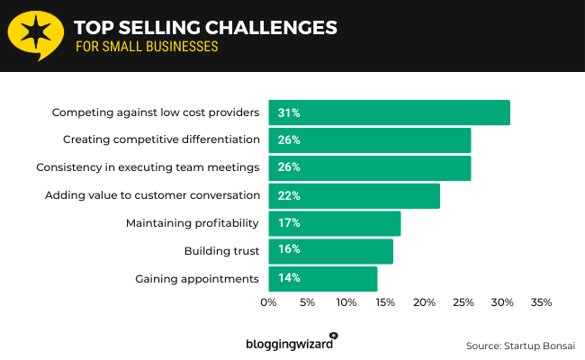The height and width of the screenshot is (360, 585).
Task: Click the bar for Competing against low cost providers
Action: (x=389, y=112)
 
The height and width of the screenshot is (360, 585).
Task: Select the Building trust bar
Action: (x=330, y=250)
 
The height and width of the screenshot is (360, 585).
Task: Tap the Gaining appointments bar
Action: (x=322, y=278)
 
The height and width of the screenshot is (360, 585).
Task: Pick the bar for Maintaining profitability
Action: (x=334, y=223)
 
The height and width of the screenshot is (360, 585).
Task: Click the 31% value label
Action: (x=289, y=112)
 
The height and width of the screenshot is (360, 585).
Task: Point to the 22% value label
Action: (x=289, y=195)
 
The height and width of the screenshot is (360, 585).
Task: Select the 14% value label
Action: (x=289, y=278)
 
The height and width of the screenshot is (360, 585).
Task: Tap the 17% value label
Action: (x=289, y=223)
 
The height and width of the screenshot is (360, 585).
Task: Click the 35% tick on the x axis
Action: (x=541, y=302)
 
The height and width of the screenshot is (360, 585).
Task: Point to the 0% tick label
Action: (x=268, y=302)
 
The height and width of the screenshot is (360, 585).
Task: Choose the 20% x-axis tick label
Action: (x=424, y=302)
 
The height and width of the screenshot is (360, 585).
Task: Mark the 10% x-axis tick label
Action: (x=346, y=302)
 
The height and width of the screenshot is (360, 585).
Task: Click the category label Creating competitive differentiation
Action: (x=162, y=140)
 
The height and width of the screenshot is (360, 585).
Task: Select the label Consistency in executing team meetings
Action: (x=148, y=167)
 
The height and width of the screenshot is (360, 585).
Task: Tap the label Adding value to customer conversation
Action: (x=153, y=195)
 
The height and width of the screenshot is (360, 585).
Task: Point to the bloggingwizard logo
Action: (x=291, y=343)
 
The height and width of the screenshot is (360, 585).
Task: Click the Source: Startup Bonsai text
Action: (x=520, y=346)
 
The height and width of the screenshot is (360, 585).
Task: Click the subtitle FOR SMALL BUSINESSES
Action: (x=147, y=47)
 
